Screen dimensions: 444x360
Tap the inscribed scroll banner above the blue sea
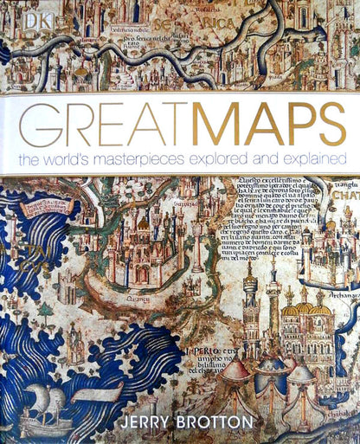tap(48, 208)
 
